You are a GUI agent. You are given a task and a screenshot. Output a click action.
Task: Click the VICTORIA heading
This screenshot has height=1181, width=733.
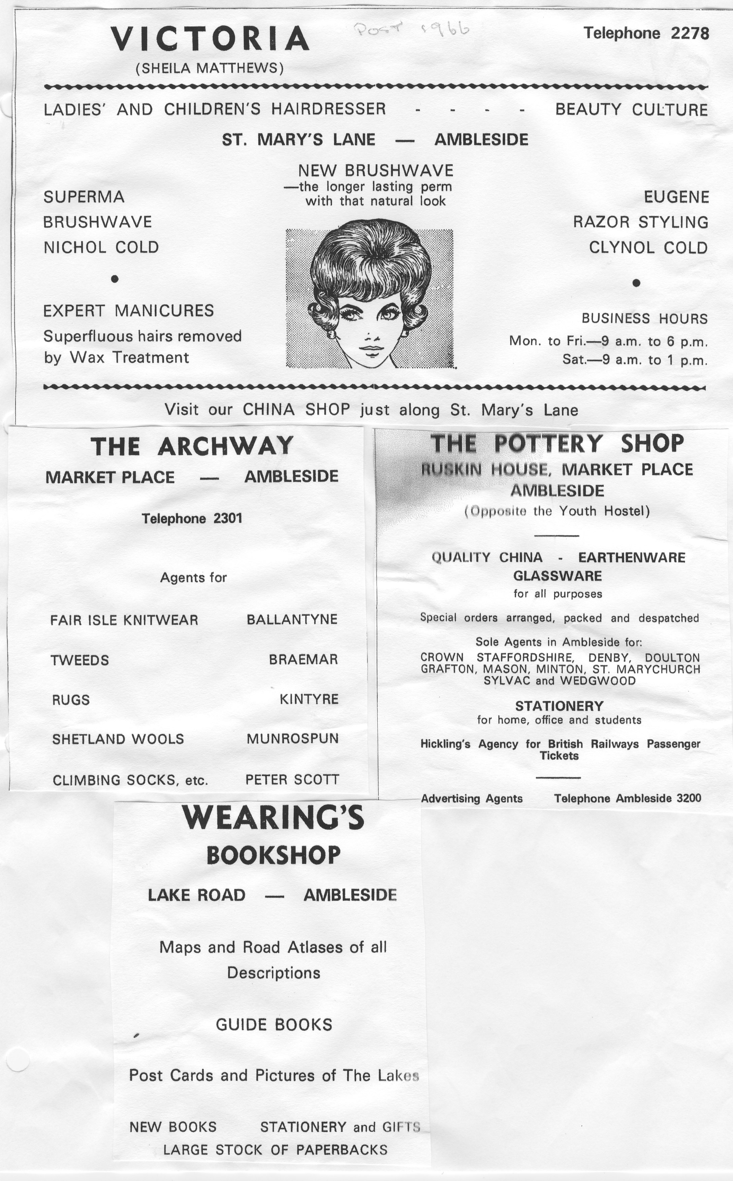210,39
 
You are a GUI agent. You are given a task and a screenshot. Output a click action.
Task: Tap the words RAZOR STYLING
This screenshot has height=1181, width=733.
640,222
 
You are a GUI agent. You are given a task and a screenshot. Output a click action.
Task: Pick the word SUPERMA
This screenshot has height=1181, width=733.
84,197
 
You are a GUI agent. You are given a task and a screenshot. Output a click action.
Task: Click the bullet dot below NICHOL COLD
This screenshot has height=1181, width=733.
115,278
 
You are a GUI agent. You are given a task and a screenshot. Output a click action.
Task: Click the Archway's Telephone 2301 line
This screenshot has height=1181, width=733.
192,519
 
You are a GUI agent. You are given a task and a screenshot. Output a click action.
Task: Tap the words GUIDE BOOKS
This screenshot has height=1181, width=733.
274,1024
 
